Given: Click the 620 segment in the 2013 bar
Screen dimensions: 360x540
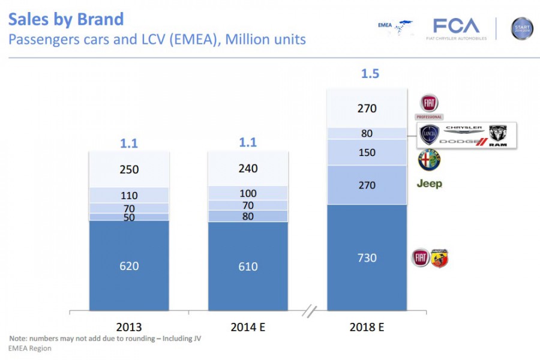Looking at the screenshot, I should point(129,265).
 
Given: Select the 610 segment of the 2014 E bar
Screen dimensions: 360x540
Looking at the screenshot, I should point(248,266).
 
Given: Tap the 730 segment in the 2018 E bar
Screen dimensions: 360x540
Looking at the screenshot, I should point(367,257).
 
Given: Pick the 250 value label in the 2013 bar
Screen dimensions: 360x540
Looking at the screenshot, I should point(129,169).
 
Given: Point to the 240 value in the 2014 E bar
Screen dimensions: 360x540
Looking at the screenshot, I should point(248,169).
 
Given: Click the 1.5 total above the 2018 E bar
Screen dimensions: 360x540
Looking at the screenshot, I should point(370,74).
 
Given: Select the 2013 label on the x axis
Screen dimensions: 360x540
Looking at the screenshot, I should point(129,327).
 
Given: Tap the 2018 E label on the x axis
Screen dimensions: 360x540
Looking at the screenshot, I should point(367,327).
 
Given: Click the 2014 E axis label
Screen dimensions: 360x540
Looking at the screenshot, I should point(248,327).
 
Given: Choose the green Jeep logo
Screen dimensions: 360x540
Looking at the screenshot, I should point(430,184).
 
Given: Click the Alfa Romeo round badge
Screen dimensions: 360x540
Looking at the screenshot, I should point(430,160).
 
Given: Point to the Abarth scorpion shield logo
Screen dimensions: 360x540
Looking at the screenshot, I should point(440,258).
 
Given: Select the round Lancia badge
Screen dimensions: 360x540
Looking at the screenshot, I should point(430,134).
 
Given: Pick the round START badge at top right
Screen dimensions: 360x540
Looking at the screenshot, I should point(521,28).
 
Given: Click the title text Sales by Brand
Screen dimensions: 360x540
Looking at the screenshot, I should point(66,19).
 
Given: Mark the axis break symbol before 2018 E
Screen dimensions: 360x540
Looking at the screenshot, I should point(310,311).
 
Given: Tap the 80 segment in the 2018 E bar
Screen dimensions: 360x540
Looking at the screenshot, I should point(367,133).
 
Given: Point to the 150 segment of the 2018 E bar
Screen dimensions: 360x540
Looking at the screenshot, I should point(367,152).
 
